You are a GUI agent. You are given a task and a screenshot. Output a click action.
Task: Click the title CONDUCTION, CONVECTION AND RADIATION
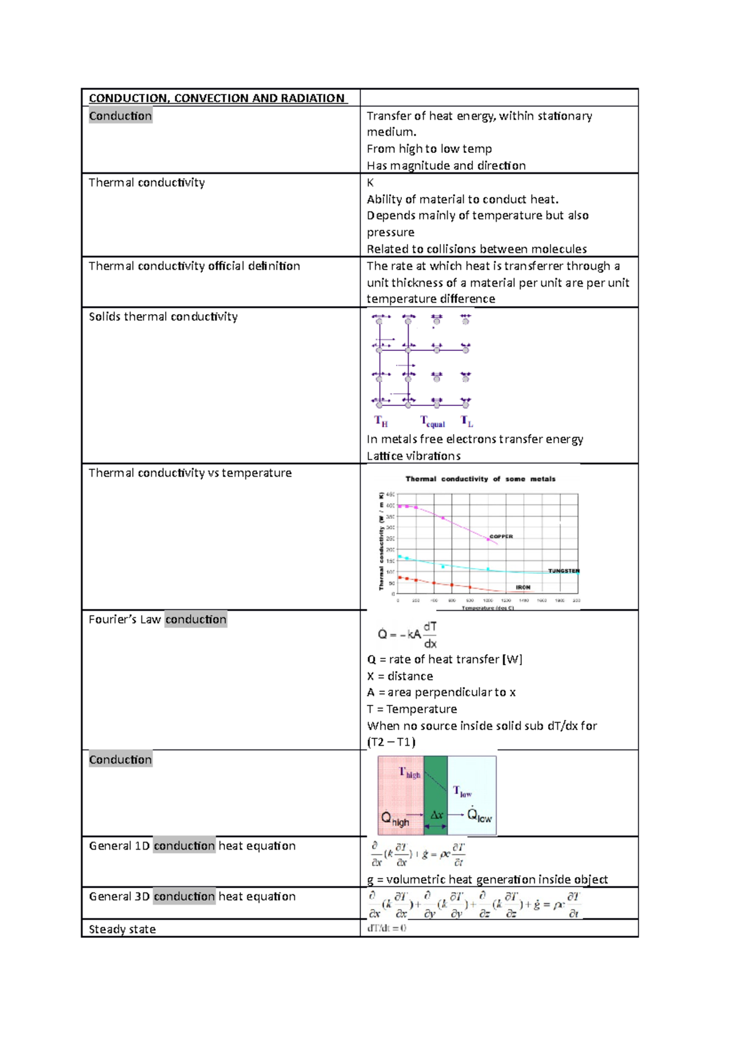point(217,98)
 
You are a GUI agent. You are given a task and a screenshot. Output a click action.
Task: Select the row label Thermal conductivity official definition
point(195,266)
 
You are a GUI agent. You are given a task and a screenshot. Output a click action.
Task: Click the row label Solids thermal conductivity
point(163,317)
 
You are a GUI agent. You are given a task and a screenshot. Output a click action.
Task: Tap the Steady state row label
point(122,929)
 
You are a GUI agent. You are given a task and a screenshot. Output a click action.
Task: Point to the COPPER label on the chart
point(501,537)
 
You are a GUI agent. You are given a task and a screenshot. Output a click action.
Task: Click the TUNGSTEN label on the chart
point(563,571)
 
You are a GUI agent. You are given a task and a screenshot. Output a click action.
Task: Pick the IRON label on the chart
point(523,587)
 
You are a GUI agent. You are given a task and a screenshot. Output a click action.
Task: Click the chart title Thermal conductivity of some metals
point(480,479)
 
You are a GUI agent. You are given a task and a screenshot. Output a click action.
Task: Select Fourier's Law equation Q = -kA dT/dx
point(407,635)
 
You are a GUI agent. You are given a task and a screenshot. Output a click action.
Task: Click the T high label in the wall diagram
point(410,773)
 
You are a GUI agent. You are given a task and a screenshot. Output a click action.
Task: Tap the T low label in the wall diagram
point(462,792)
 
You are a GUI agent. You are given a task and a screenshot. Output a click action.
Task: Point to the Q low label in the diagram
point(479,815)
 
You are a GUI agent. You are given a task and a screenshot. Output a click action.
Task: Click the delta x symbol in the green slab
point(436,815)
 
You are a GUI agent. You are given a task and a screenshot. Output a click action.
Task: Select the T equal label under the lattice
point(432,422)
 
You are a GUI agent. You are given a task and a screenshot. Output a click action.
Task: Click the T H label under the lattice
point(381,421)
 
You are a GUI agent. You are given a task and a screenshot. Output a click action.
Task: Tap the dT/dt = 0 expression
point(387,928)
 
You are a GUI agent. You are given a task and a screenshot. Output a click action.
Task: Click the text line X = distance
point(400,676)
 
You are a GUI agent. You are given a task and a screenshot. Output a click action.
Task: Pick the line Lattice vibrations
point(413,456)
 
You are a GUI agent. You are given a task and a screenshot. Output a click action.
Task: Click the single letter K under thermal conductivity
point(370,183)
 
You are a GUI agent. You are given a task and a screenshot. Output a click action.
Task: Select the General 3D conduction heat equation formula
point(475,904)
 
